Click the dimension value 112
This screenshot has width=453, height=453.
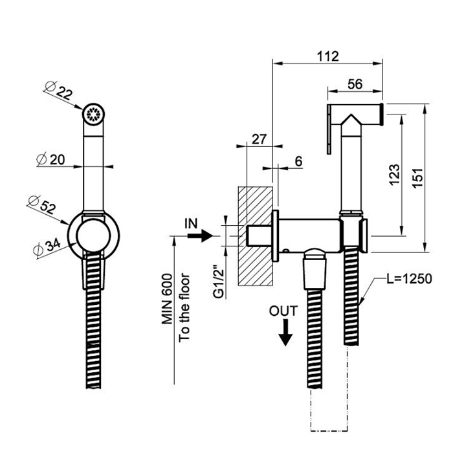328,56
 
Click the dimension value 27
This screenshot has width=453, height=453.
259,139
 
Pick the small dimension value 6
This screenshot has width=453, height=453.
298,161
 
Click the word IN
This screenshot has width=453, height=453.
192,224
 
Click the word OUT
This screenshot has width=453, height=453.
284,311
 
